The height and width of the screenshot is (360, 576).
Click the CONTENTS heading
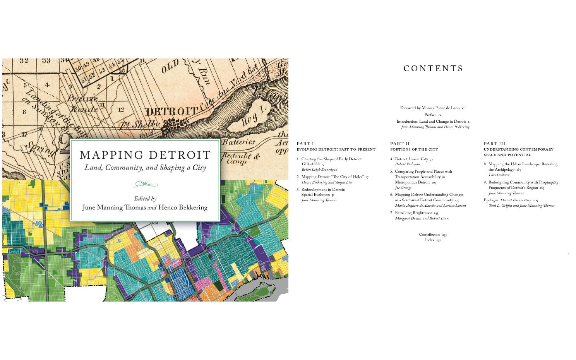[433, 69]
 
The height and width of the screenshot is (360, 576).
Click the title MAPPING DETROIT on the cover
[145, 155]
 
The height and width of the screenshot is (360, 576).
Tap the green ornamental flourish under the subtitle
[146, 184]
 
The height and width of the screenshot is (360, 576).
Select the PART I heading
[305, 144]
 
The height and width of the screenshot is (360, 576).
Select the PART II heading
[400, 144]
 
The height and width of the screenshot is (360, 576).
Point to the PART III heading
[494, 144]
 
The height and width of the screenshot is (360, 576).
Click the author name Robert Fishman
[407, 164]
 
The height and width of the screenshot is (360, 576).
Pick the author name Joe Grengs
[403, 188]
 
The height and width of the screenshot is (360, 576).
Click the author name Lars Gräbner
[499, 175]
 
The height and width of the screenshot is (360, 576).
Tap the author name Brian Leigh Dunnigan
[319, 170]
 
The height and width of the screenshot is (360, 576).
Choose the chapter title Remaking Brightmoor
[413, 213]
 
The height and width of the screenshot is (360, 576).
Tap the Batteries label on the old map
[238, 142]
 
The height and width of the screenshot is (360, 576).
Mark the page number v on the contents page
[568, 254]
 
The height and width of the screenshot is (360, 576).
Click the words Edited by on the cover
[145, 199]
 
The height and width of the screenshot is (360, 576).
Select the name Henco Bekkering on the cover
[183, 207]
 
